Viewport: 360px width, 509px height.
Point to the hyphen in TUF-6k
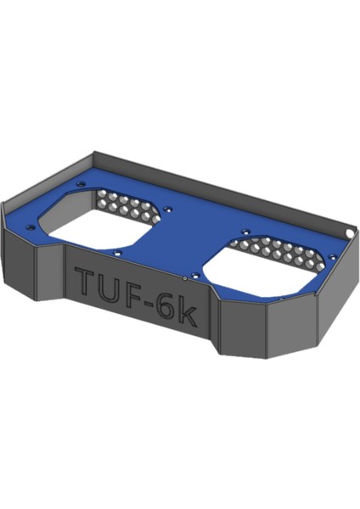[x=154, y=305]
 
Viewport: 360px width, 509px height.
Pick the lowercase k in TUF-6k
[x=188, y=317]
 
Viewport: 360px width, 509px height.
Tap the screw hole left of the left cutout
[x=35, y=227]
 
